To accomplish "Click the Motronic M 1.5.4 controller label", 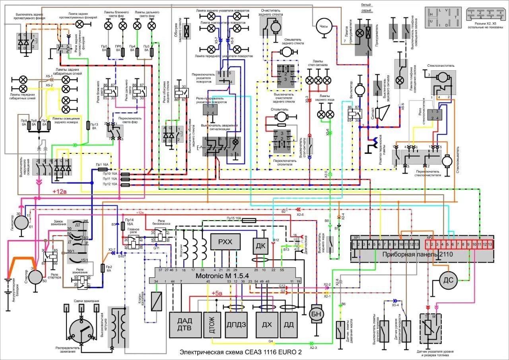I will tap(228, 276).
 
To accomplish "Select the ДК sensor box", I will tap(261, 247).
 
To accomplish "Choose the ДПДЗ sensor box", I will tap(237, 325).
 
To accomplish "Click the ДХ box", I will tap(267, 325).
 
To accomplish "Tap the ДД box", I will tap(289, 325).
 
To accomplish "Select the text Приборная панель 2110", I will tap(422, 254).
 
